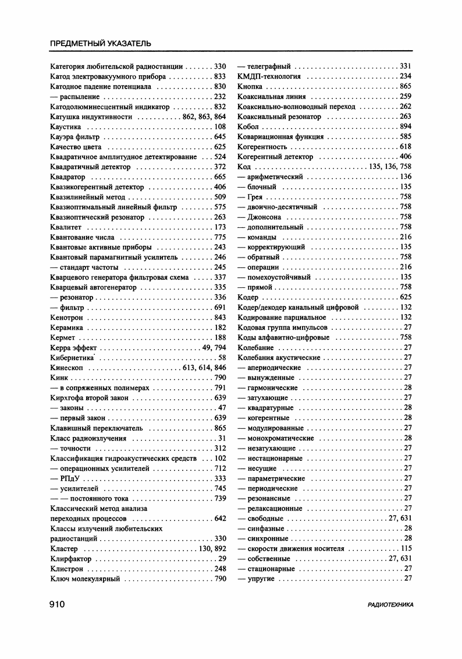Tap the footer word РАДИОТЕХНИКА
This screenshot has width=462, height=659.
391,605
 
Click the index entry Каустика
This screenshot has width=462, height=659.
65,127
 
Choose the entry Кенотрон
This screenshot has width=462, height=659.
67,317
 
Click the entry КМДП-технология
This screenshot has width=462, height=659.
269,76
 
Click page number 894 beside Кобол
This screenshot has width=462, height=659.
406,126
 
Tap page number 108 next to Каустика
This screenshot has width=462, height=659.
219,127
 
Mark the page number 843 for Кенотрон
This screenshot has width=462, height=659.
219,317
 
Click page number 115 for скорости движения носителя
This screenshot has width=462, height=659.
406,549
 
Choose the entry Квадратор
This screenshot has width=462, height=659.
67,177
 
